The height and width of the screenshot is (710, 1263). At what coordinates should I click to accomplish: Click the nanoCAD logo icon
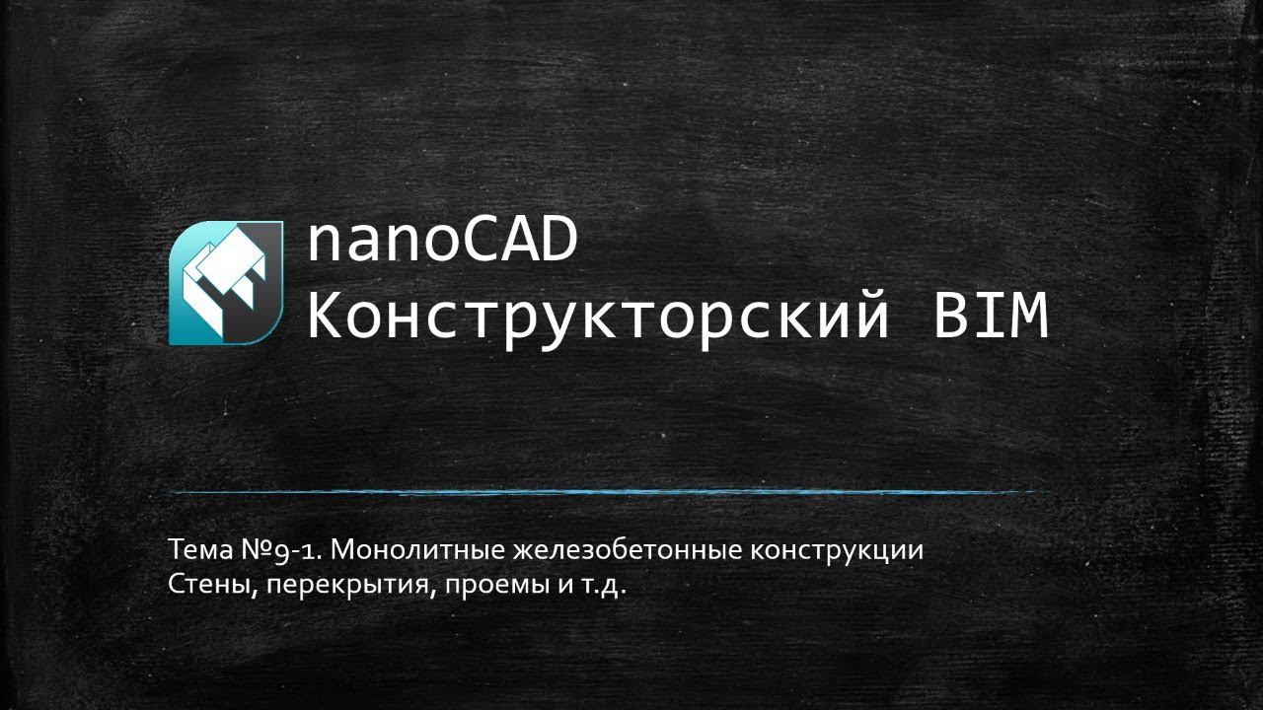click(x=226, y=283)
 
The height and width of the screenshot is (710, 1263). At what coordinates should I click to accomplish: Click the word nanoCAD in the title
click(x=442, y=243)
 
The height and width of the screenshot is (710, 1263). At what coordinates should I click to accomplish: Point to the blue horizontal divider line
click(x=607, y=491)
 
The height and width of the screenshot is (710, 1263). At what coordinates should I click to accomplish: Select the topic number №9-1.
click(x=285, y=550)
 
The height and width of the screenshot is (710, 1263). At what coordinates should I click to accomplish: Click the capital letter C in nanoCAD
click(x=482, y=243)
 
